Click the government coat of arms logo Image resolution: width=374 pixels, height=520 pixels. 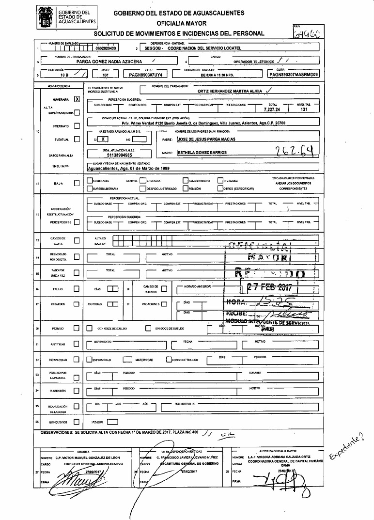pyautogui.click(x=47, y=16)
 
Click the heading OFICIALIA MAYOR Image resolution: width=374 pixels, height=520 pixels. pyautogui.click(x=181, y=23)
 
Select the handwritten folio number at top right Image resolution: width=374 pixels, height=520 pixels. pyautogui.click(x=307, y=33)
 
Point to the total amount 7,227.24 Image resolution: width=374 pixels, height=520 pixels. pyautogui.click(x=272, y=110)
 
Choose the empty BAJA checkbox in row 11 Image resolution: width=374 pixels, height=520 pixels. pyautogui.click(x=77, y=183)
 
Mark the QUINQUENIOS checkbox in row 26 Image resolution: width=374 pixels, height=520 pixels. pyautogui.click(x=77, y=422)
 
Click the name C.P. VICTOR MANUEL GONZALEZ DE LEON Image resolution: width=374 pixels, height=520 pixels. pyautogui.click(x=87, y=457)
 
